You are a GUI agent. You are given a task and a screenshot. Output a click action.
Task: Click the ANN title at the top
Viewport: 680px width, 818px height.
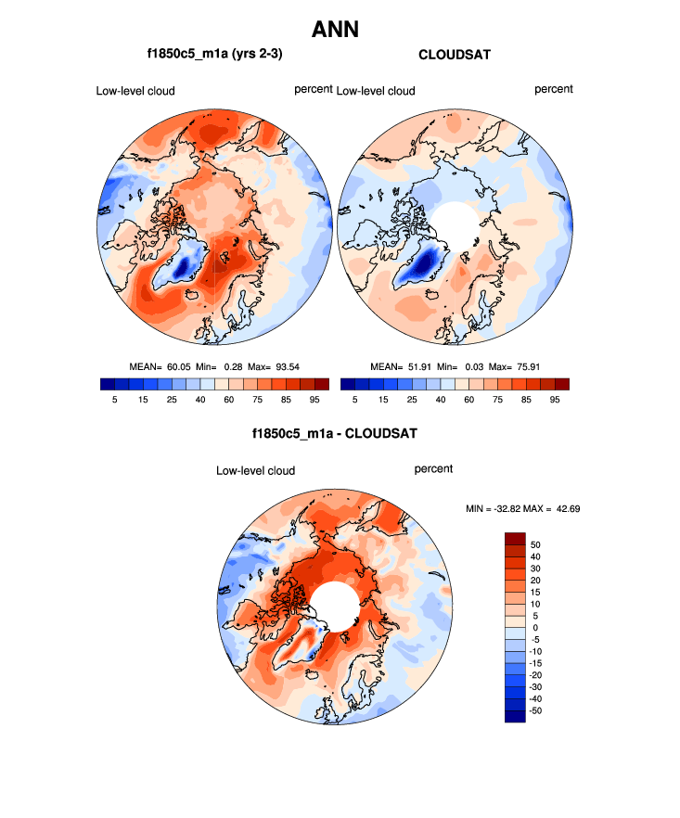tap(335, 29)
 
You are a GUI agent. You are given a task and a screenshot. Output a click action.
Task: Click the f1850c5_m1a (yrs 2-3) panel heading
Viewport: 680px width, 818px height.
tap(214, 55)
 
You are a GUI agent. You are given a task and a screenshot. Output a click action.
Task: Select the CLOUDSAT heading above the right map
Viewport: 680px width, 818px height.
tap(455, 55)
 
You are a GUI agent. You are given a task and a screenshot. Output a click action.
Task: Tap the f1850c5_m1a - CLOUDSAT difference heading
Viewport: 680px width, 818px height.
tap(334, 433)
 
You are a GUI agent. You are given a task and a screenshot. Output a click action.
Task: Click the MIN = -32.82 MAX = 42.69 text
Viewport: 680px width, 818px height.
tap(522, 509)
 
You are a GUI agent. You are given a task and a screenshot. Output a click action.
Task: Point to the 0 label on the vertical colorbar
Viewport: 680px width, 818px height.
tap(534, 628)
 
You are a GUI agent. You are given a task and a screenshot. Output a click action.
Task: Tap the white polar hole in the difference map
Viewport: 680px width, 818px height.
tap(334, 606)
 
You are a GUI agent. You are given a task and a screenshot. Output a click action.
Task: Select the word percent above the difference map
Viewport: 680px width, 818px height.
tap(433, 469)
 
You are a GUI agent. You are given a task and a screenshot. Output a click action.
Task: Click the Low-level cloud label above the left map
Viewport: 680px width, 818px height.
tap(135, 91)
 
